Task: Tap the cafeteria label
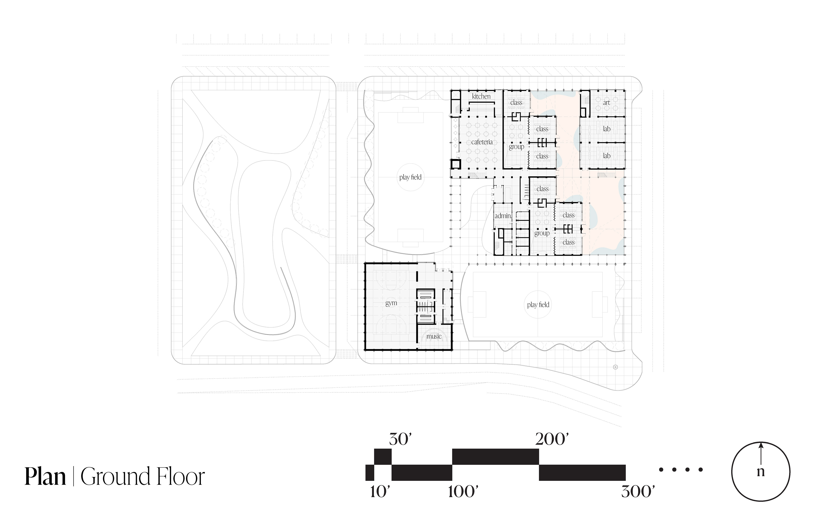[x=482, y=142]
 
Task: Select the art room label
[x=606, y=102]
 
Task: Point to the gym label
[x=391, y=303]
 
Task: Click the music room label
[x=434, y=336]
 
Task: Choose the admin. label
[x=503, y=216]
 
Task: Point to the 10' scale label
[x=380, y=492]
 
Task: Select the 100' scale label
[x=463, y=492]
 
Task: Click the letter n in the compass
[x=760, y=472]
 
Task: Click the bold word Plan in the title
[x=45, y=477]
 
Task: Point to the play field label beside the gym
[x=538, y=305]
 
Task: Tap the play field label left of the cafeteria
[x=410, y=177]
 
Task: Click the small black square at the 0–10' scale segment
[x=370, y=473]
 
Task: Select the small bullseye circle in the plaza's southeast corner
[x=615, y=367]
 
